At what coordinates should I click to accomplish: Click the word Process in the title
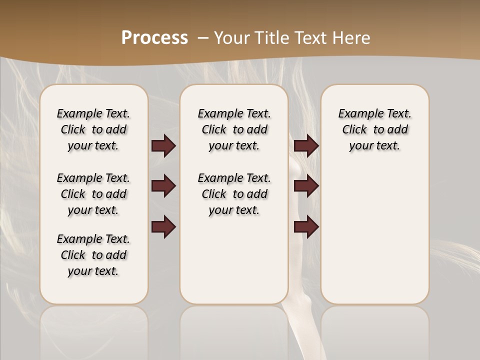[x=154, y=37]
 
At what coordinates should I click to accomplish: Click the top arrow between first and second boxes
[x=163, y=146]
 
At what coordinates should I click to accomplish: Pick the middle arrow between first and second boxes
[x=163, y=186]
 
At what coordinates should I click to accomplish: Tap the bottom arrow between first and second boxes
[x=163, y=227]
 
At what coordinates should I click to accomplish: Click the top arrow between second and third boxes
[x=306, y=146]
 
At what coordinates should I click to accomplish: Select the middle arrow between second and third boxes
[x=306, y=186]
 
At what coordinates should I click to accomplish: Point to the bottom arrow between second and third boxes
[x=306, y=227]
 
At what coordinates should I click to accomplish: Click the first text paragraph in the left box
[x=93, y=129]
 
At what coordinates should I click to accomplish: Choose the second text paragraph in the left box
[x=93, y=194]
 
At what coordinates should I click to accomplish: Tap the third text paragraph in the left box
[x=93, y=255]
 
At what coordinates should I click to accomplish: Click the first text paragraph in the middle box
[x=234, y=129]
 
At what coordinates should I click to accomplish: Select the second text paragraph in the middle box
[x=234, y=194]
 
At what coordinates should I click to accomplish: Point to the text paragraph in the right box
[x=374, y=129]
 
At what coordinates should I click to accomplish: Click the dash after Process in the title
[x=203, y=37]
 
